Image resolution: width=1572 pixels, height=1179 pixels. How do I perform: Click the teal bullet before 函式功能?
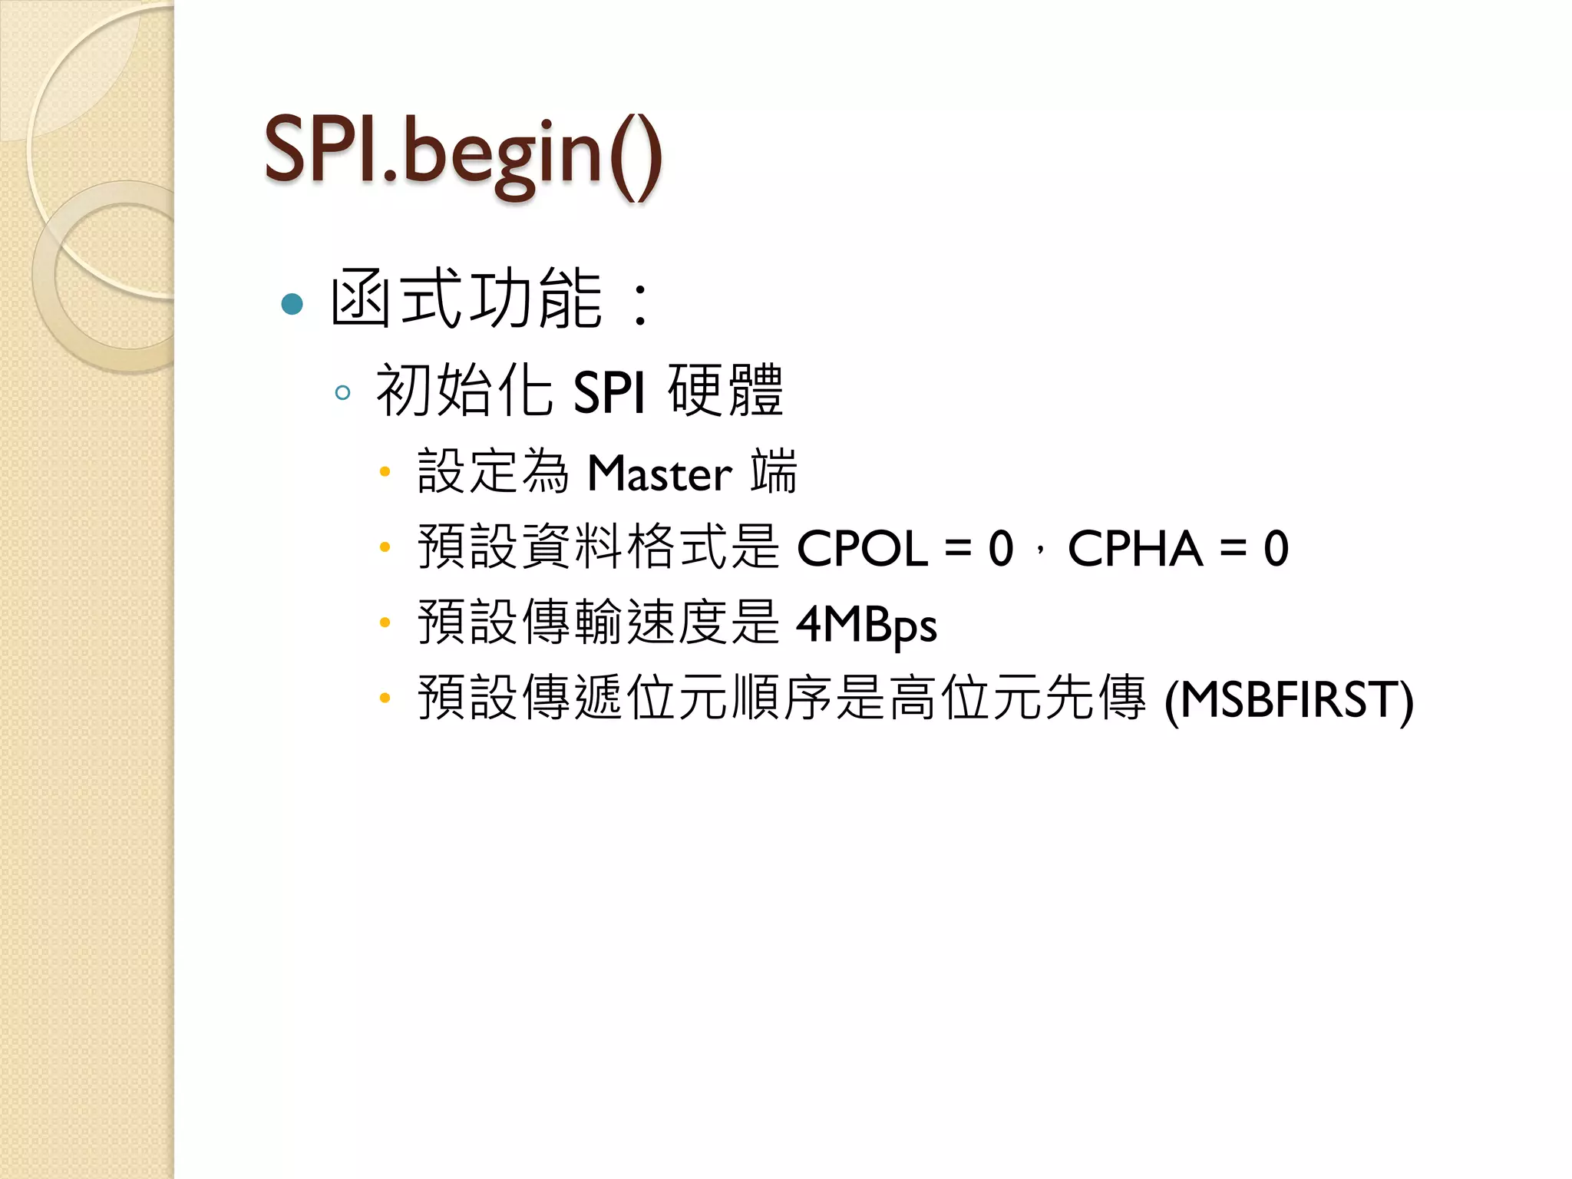[x=292, y=304]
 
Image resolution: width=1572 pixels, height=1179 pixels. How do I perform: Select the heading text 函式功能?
[x=466, y=299]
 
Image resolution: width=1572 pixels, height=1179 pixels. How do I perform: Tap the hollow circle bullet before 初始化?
[x=342, y=393]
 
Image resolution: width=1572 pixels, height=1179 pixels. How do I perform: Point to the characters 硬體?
[x=725, y=391]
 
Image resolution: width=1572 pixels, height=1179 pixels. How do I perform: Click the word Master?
[x=659, y=473]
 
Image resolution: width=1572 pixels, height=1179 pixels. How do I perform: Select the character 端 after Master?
[x=774, y=471]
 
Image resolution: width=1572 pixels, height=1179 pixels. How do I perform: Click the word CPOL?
[x=862, y=549]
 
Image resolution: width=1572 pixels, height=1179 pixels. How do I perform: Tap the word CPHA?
[x=1134, y=549]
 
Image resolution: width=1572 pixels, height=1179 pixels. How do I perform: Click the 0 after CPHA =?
[x=1276, y=549]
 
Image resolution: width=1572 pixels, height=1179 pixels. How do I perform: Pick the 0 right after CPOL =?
[x=1001, y=549]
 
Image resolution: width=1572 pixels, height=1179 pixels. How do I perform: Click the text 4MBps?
[x=867, y=624]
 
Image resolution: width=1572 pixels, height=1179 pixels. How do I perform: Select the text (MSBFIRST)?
[x=1289, y=700]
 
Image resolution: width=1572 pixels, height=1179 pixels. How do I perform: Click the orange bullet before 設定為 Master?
[x=385, y=471]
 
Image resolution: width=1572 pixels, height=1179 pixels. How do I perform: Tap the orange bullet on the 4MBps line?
[x=385, y=623]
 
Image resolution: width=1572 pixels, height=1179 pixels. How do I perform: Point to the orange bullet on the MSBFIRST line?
[x=385, y=698]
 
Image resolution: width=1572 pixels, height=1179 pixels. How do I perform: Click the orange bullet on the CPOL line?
[x=385, y=547]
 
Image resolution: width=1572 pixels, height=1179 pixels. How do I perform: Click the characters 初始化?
[x=464, y=391]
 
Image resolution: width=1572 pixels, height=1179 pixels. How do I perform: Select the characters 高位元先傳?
[x=1018, y=698]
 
